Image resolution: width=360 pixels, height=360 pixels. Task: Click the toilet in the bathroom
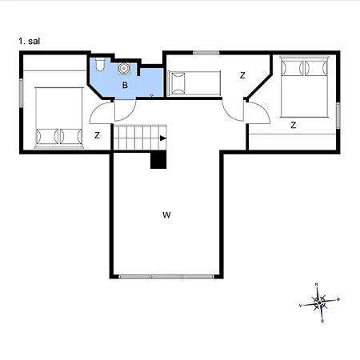coord(100,64)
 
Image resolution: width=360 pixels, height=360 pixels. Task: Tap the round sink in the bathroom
coord(124,68)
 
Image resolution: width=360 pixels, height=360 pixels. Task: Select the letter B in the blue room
coord(125,85)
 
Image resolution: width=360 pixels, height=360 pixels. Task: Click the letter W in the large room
coord(166,215)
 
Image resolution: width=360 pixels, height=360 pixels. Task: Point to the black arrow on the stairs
coord(163,138)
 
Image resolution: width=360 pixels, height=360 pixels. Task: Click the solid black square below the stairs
coord(158,160)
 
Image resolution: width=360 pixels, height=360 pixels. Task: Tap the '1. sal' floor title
coord(30,41)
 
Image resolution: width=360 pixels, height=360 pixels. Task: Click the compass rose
coord(319,302)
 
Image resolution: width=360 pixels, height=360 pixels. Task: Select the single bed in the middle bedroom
coord(194,83)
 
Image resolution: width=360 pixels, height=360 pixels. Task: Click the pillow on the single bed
coord(178,83)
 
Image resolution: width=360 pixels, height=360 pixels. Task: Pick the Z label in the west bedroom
coord(98,135)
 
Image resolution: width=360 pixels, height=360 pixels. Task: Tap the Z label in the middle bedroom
coord(242,75)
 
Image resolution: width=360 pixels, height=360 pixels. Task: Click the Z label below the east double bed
coord(294,125)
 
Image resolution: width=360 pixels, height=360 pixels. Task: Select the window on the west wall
coord(21,93)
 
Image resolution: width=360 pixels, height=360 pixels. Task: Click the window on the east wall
coord(338,115)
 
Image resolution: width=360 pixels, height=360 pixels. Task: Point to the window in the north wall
coord(206,53)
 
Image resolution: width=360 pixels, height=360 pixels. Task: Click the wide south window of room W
coord(166,277)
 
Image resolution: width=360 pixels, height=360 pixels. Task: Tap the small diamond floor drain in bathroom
coord(152,95)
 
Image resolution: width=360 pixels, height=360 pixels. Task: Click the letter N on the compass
coord(317,285)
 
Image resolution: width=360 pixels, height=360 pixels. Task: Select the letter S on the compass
coord(322,321)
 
